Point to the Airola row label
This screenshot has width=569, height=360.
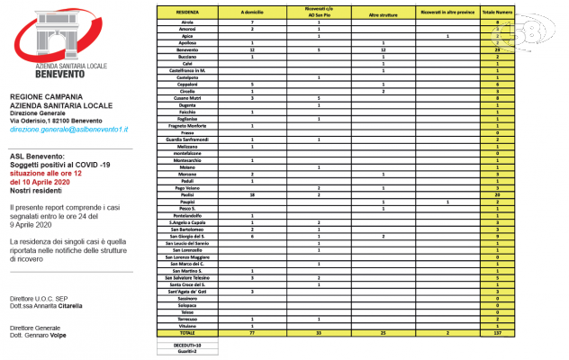click(188, 22)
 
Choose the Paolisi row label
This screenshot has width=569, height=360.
click(188, 193)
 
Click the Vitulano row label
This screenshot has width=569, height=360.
click(188, 324)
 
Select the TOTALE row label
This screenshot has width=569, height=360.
click(188, 331)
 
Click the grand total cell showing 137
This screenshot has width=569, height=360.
click(497, 331)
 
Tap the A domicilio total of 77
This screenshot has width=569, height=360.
click(252, 331)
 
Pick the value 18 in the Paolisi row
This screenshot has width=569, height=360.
click(252, 193)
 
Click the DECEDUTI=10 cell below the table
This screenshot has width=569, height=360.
click(188, 343)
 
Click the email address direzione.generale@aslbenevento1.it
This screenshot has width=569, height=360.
click(69, 130)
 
